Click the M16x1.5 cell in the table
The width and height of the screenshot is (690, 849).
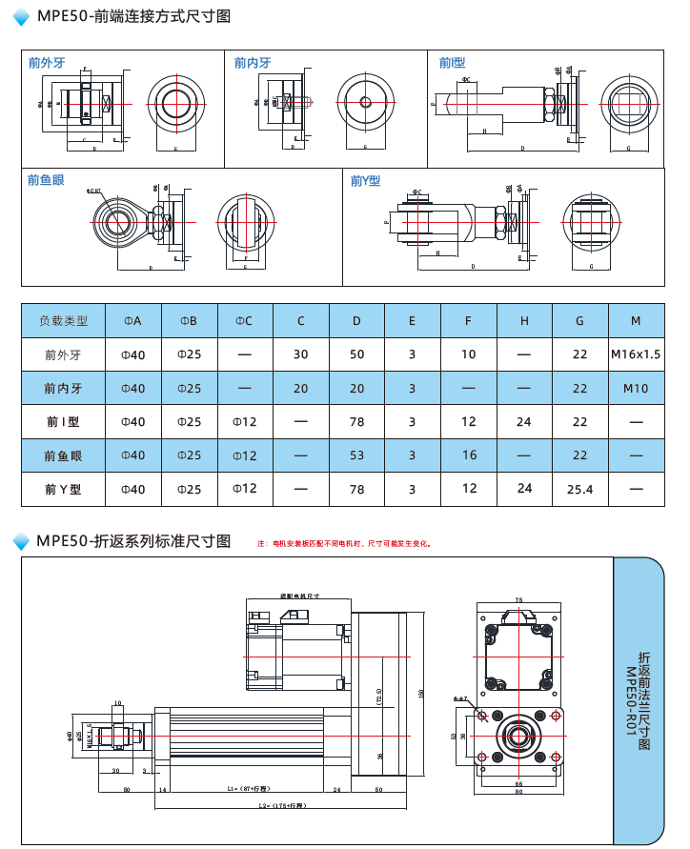(x=636, y=354)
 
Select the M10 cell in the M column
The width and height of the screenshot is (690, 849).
(x=636, y=389)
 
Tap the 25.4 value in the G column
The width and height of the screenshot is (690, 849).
(x=579, y=489)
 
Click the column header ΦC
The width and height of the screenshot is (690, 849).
(x=244, y=321)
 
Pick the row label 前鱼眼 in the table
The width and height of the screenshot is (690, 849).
(x=63, y=455)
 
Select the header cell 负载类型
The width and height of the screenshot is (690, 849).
(x=63, y=321)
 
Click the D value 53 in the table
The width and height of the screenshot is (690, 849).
(x=356, y=455)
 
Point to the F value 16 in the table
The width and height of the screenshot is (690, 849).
(x=469, y=455)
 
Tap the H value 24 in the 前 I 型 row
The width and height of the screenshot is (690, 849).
(x=524, y=421)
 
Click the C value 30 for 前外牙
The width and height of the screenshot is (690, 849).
(x=301, y=354)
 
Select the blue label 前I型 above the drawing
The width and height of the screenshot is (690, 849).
(x=452, y=63)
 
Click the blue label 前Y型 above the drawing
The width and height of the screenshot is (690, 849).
(x=365, y=180)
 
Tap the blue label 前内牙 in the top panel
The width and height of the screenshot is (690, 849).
(x=253, y=63)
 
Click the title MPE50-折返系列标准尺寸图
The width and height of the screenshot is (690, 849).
(x=133, y=541)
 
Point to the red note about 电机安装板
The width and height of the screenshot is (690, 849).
(x=344, y=544)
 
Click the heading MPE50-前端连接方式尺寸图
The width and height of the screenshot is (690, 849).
(x=132, y=16)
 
